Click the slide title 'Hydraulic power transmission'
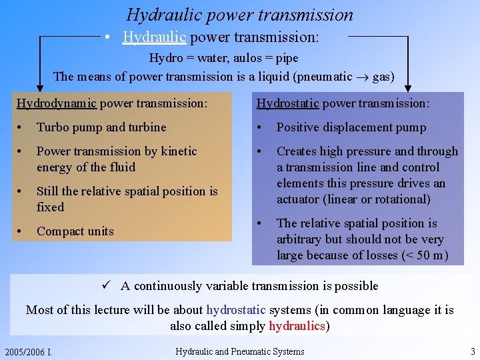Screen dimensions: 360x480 (240, 14)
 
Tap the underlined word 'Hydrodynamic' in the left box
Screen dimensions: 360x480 (57, 103)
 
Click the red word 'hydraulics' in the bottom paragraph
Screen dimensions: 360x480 (297, 326)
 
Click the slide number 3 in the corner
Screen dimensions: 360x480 (472, 351)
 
